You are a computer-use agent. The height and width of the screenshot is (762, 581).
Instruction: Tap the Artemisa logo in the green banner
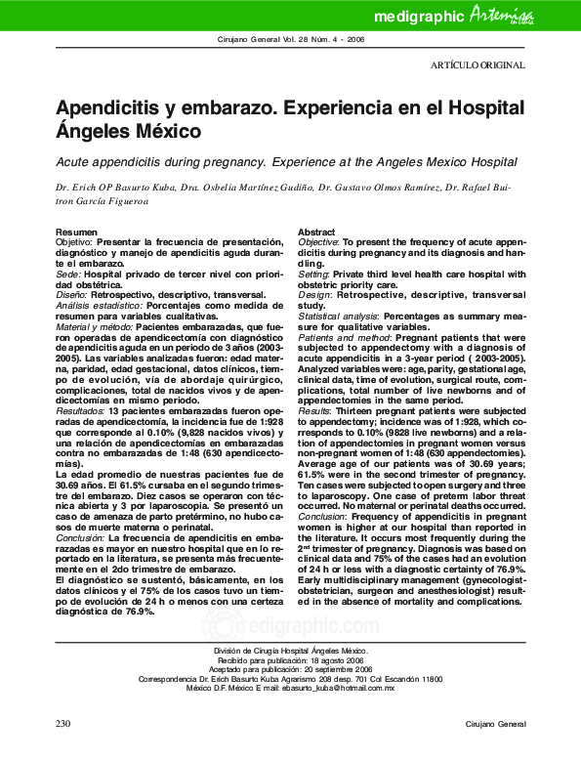click(x=501, y=15)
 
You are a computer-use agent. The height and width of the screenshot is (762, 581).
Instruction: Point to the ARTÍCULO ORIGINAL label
click(x=477, y=65)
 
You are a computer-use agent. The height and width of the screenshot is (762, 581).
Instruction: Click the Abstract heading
click(x=316, y=231)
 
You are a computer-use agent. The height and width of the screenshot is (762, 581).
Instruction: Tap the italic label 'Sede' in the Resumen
click(x=68, y=275)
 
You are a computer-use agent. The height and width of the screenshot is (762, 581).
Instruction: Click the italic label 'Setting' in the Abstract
click(x=314, y=275)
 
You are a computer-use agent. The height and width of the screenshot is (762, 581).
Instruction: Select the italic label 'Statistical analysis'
click(x=338, y=317)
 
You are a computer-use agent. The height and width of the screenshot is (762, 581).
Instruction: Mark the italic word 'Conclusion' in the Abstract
click(x=323, y=542)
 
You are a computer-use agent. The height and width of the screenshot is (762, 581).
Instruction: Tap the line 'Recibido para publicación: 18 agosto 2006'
click(x=290, y=659)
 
